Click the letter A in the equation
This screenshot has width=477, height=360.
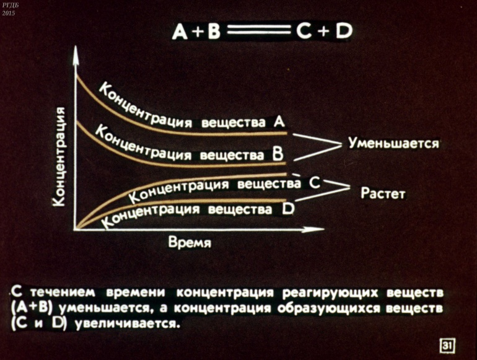click(x=179, y=32)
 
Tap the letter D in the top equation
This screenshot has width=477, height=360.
click(x=344, y=31)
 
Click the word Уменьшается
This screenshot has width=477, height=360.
click(x=393, y=143)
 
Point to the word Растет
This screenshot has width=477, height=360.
click(x=383, y=193)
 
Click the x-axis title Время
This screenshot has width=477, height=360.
click(x=190, y=242)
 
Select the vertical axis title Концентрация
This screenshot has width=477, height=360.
click(x=59, y=156)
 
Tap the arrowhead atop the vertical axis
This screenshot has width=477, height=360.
click(x=76, y=55)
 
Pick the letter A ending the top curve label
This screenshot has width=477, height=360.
click(x=279, y=121)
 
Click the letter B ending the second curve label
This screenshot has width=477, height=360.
click(x=278, y=154)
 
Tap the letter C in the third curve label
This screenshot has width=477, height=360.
click(x=315, y=183)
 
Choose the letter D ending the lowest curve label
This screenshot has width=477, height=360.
click(x=288, y=209)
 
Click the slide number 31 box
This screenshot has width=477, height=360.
click(x=447, y=346)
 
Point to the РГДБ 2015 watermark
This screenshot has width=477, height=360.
click(x=9, y=9)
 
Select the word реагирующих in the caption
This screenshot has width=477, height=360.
click(x=331, y=292)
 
